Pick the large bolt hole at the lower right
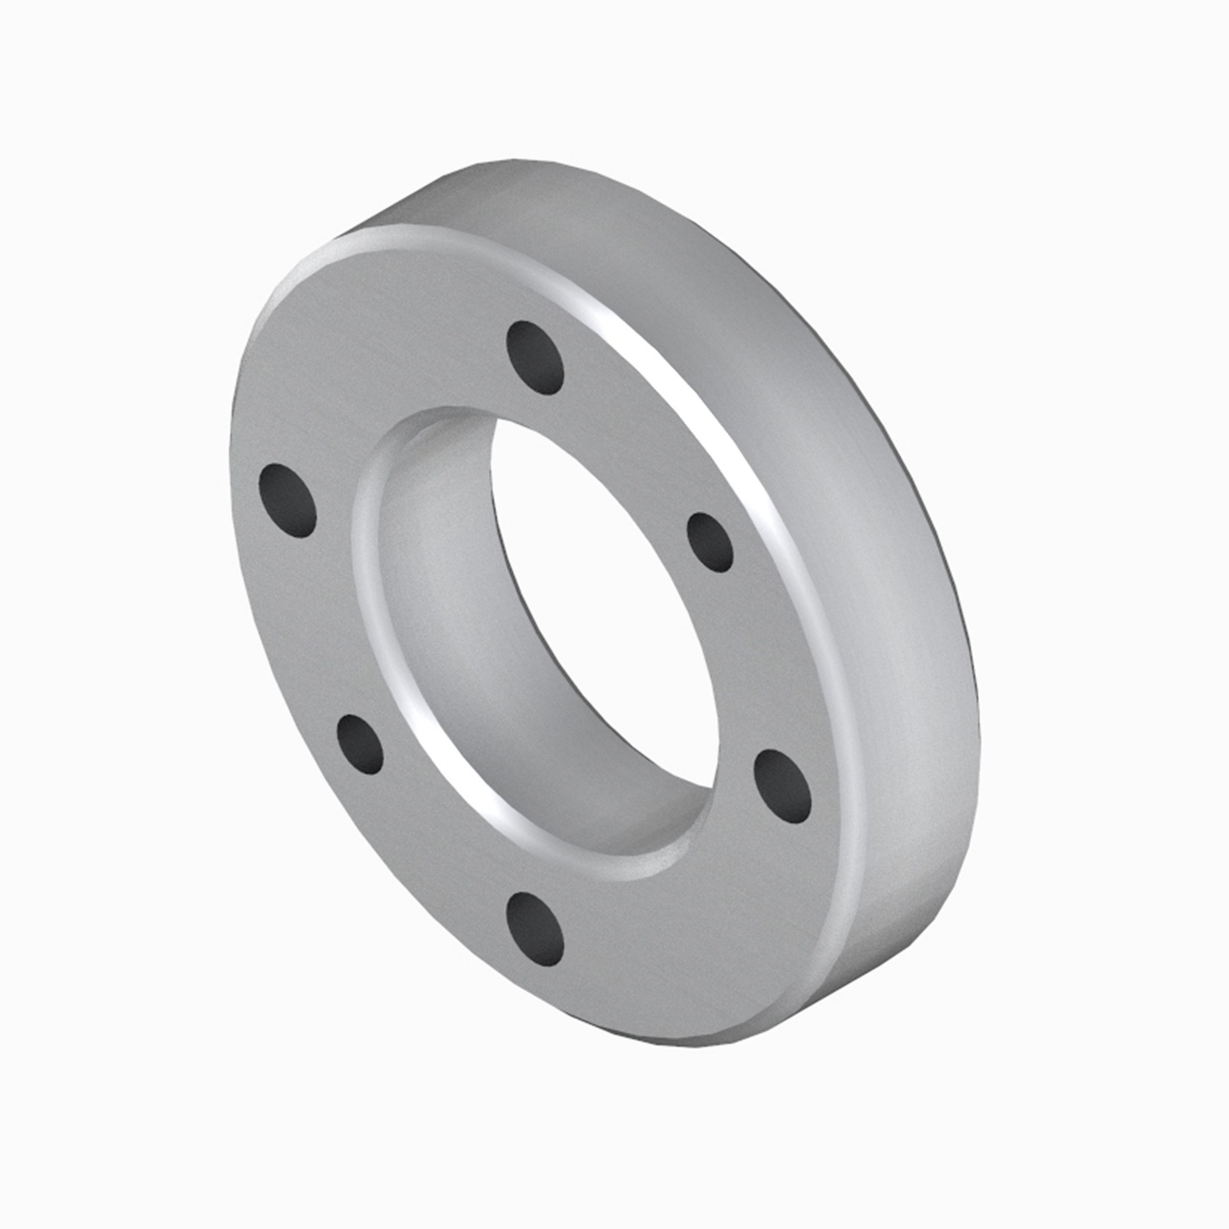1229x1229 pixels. coord(783,785)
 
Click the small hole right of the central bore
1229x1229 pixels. coord(710,543)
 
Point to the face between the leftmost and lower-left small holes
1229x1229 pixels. coord(305,623)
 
